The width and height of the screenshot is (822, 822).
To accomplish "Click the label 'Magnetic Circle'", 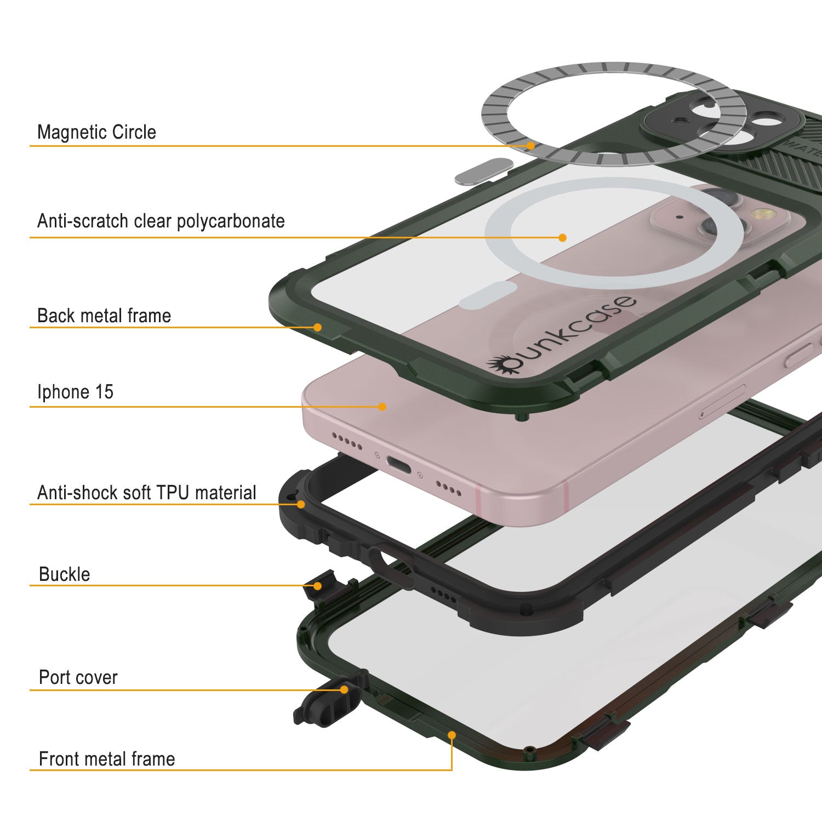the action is (x=96, y=132).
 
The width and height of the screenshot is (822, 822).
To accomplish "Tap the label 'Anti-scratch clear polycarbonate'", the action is (x=161, y=221).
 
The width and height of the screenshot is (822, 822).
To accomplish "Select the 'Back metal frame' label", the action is (x=104, y=316).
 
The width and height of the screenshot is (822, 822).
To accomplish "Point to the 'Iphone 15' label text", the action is (x=75, y=392).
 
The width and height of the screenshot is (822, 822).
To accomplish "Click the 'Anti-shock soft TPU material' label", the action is (x=146, y=493).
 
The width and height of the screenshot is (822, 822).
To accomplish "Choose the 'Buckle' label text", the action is (x=64, y=574).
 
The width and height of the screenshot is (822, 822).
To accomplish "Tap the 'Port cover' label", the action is (x=78, y=677).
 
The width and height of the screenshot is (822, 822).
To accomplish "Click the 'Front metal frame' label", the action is (x=107, y=759).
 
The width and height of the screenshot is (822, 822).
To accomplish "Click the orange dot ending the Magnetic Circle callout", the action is (x=530, y=146).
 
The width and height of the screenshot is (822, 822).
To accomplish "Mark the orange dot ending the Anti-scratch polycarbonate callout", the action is (x=562, y=237).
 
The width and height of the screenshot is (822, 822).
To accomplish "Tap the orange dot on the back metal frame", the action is (x=317, y=327).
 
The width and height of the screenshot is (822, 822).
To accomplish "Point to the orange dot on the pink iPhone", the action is (x=383, y=407).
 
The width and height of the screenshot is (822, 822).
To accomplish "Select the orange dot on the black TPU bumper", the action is (x=301, y=504).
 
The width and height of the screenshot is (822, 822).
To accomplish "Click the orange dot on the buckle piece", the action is (x=317, y=586).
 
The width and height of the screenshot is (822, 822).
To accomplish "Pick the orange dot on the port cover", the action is (x=344, y=689).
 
